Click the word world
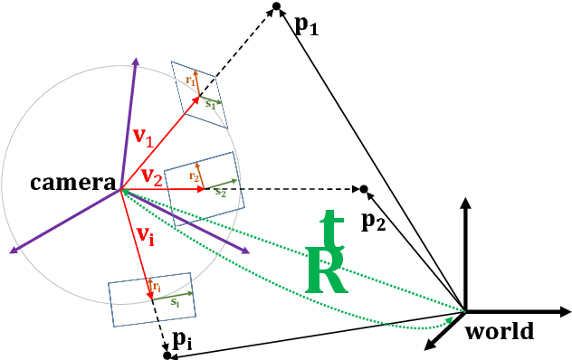click(499, 331)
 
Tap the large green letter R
click(327, 270)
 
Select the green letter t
click(334, 229)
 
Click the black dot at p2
click(364, 189)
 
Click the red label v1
click(143, 137)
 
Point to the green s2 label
click(220, 192)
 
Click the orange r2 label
click(194, 174)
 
